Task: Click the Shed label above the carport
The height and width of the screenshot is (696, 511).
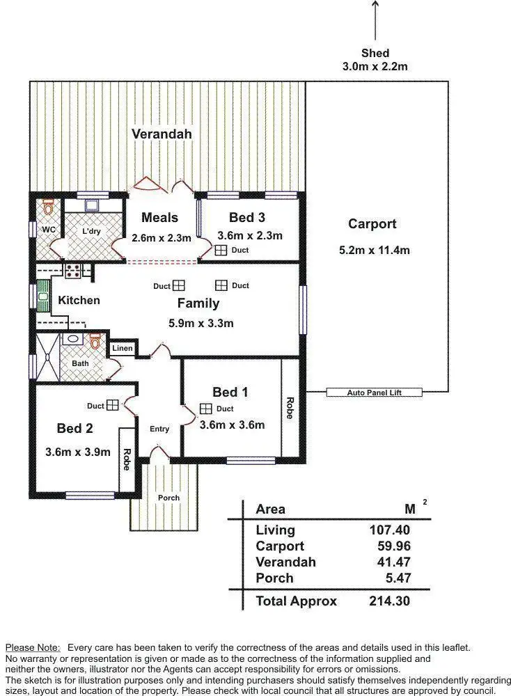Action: (375, 53)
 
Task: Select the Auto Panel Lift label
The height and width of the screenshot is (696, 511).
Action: (375, 393)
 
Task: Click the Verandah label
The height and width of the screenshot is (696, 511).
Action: (162, 134)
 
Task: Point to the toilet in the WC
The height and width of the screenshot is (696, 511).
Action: (48, 207)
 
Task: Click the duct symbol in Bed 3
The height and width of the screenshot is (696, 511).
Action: (221, 251)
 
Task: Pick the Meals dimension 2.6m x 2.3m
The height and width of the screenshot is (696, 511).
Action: (161, 238)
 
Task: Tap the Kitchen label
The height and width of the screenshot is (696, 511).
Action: (79, 301)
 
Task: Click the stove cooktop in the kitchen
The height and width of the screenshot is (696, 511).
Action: (73, 269)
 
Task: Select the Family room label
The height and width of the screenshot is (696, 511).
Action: (198, 303)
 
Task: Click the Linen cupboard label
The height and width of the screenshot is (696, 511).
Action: (122, 348)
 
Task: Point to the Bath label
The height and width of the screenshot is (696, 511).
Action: (79, 363)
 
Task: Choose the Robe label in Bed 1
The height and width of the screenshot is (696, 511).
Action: (290, 408)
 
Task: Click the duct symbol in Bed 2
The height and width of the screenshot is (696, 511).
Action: (113, 406)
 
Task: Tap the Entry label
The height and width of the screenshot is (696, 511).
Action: (159, 429)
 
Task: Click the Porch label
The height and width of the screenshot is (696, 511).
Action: (168, 498)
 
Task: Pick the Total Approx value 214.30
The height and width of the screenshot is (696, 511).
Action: (390, 601)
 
